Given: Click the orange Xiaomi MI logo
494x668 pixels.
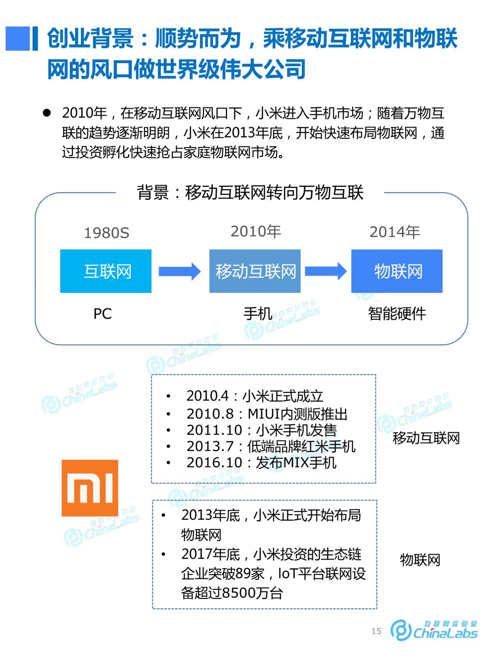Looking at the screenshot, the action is (90, 488).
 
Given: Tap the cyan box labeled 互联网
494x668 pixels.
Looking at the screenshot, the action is (106, 271).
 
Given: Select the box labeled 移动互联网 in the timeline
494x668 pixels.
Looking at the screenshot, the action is (255, 271).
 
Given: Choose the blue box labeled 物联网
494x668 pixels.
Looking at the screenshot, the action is (397, 271).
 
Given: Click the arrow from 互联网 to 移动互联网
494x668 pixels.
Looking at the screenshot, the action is (179, 271).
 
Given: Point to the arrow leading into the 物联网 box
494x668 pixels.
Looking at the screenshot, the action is (326, 271).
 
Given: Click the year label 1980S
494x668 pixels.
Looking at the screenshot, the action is (107, 233).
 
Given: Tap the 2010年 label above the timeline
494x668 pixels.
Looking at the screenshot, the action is (256, 232).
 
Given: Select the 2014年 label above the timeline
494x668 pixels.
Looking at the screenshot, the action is (395, 232).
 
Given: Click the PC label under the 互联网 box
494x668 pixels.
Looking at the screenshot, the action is (102, 314).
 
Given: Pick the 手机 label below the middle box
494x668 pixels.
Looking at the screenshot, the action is (258, 314).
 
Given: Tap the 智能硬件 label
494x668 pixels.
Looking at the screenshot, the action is (397, 314).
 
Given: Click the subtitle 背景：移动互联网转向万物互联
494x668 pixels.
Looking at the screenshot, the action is (250, 193).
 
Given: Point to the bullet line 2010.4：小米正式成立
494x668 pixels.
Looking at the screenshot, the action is (254, 396).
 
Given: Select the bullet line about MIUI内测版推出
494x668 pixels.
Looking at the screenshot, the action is (267, 414).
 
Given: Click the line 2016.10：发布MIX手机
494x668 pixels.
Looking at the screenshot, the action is (261, 463).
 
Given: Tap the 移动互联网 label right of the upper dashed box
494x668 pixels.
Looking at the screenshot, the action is (426, 438).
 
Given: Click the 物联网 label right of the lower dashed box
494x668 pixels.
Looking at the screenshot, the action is (420, 560).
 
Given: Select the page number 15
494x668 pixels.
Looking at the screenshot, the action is (376, 631).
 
